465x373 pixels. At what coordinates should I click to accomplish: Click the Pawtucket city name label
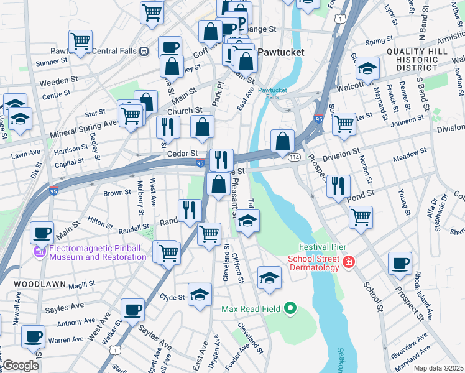281,52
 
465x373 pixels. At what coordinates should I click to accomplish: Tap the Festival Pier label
321,247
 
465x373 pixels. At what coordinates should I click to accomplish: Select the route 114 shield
294,158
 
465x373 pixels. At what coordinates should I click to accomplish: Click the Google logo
21,365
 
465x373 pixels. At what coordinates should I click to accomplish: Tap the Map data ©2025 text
438,368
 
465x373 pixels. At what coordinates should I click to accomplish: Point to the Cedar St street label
182,153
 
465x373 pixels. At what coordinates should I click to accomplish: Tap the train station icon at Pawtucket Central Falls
144,52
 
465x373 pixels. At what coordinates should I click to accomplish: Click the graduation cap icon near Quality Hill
367,68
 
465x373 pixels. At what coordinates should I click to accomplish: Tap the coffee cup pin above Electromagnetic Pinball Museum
42,233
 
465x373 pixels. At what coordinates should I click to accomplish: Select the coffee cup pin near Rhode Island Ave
400,262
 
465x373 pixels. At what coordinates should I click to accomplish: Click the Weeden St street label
58,81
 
